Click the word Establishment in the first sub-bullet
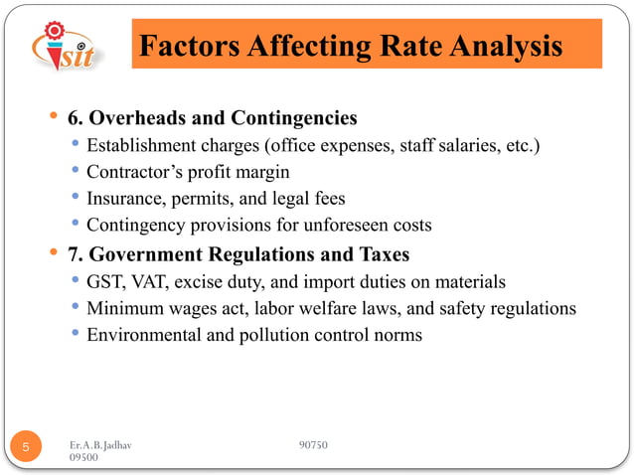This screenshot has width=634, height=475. click(142, 147)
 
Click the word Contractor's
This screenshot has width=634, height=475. click(132, 172)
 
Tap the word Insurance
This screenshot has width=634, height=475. click(125, 197)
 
